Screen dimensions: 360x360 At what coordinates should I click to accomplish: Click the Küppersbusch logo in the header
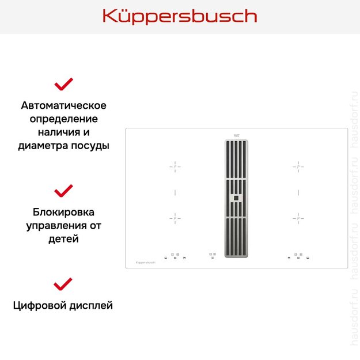(180, 16)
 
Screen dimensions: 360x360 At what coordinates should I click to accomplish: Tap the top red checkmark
(63, 84)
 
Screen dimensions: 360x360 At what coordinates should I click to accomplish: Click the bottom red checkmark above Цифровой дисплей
(63, 283)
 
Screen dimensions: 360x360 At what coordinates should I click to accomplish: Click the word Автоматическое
(63, 105)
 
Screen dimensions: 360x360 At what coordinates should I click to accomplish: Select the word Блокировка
(63, 212)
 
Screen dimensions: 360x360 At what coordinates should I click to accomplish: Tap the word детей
(63, 238)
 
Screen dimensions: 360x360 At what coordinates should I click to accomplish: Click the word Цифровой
(39, 305)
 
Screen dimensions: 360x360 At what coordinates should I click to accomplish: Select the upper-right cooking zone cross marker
(298, 166)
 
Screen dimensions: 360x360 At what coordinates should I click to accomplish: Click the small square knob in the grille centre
(236, 198)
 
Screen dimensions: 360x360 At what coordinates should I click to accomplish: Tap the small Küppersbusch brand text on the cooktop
(146, 262)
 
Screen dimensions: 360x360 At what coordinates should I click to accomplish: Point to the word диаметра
(42, 146)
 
